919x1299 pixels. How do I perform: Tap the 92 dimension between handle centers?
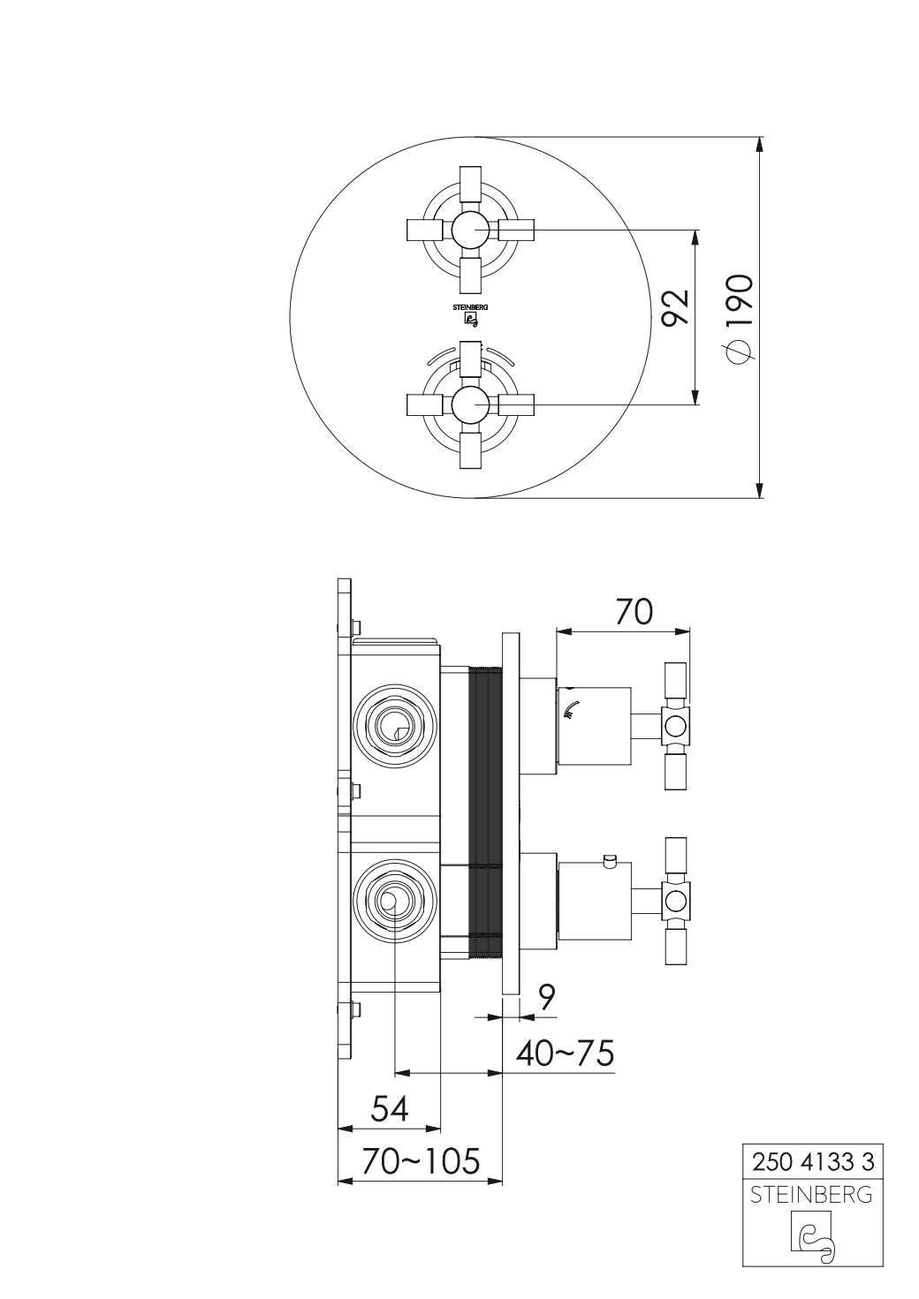[x=677, y=307]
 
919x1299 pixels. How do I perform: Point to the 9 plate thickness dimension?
[x=546, y=997]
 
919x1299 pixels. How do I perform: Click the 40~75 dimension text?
[x=565, y=1054]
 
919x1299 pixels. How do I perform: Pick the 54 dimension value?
[x=390, y=1108]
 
